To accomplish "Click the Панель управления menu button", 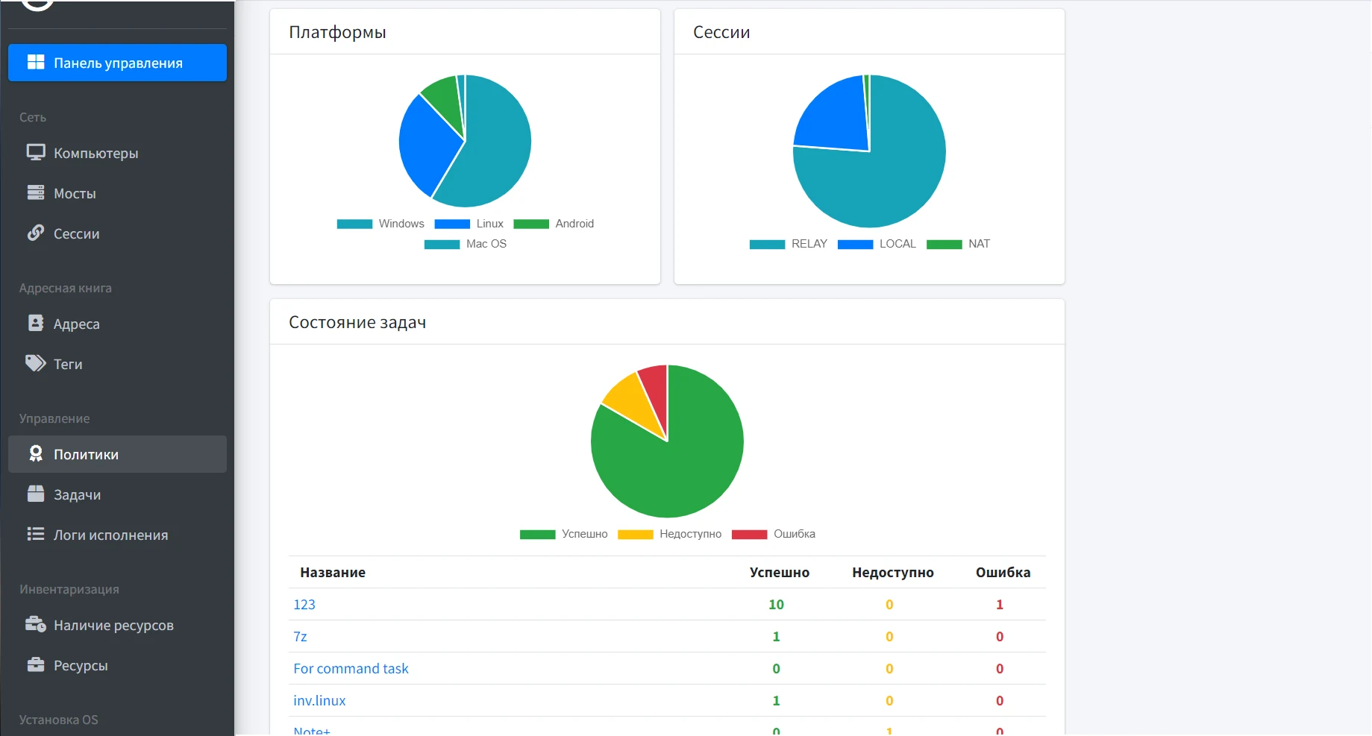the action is (117, 63).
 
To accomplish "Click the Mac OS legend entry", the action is (466, 244).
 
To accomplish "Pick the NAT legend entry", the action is (958, 244).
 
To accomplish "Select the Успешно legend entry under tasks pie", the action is (564, 534).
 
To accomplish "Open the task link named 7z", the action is (300, 636).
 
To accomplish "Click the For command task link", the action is (351, 668).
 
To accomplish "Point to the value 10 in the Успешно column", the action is (776, 604).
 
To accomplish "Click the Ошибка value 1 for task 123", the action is (1000, 604).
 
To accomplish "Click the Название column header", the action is (333, 572).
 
